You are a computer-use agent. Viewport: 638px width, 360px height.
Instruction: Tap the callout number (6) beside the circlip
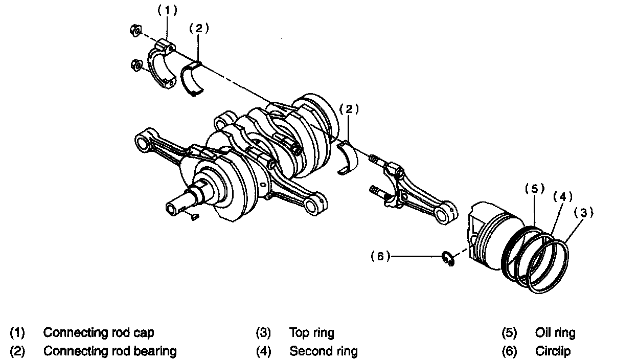[380, 257]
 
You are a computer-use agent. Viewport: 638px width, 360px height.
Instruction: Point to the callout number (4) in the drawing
[562, 196]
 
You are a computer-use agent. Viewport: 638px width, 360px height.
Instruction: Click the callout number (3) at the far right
[583, 212]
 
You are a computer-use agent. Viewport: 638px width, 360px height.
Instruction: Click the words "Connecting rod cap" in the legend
[99, 332]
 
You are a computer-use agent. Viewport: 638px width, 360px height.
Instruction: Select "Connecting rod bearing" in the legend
[110, 351]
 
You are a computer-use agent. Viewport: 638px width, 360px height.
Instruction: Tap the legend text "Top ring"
[311, 333]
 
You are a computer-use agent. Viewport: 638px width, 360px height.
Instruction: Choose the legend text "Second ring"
[324, 351]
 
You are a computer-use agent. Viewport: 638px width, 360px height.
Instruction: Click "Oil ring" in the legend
[555, 333]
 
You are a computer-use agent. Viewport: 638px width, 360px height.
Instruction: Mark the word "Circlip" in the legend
[553, 351]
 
